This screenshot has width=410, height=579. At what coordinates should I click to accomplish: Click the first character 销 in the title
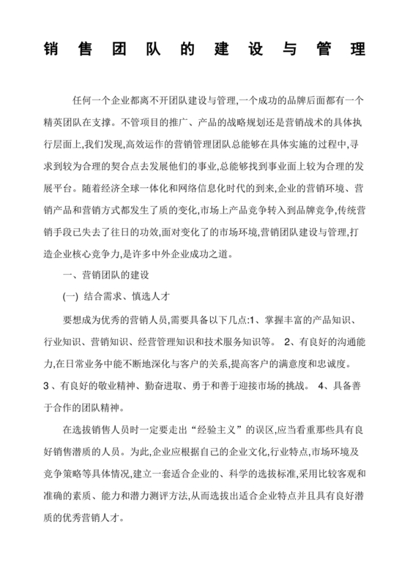[51, 52]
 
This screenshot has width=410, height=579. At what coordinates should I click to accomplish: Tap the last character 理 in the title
[357, 52]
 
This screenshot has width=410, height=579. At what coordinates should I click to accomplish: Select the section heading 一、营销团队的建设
[108, 276]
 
